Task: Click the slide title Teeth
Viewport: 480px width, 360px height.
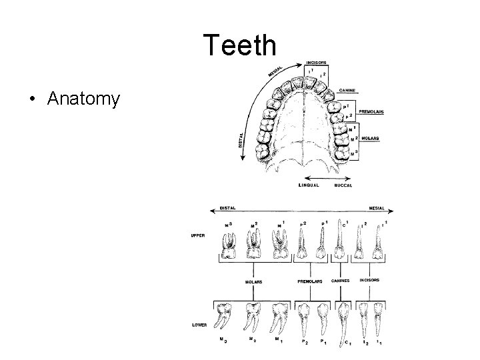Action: tap(239, 45)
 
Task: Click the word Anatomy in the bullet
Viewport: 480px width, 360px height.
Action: tap(83, 100)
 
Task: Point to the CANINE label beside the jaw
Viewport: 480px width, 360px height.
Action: tap(347, 90)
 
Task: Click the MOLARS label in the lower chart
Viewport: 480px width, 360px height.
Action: tap(253, 281)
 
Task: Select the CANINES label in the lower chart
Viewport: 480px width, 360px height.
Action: tap(341, 281)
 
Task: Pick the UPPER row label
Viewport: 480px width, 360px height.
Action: tap(197, 235)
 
